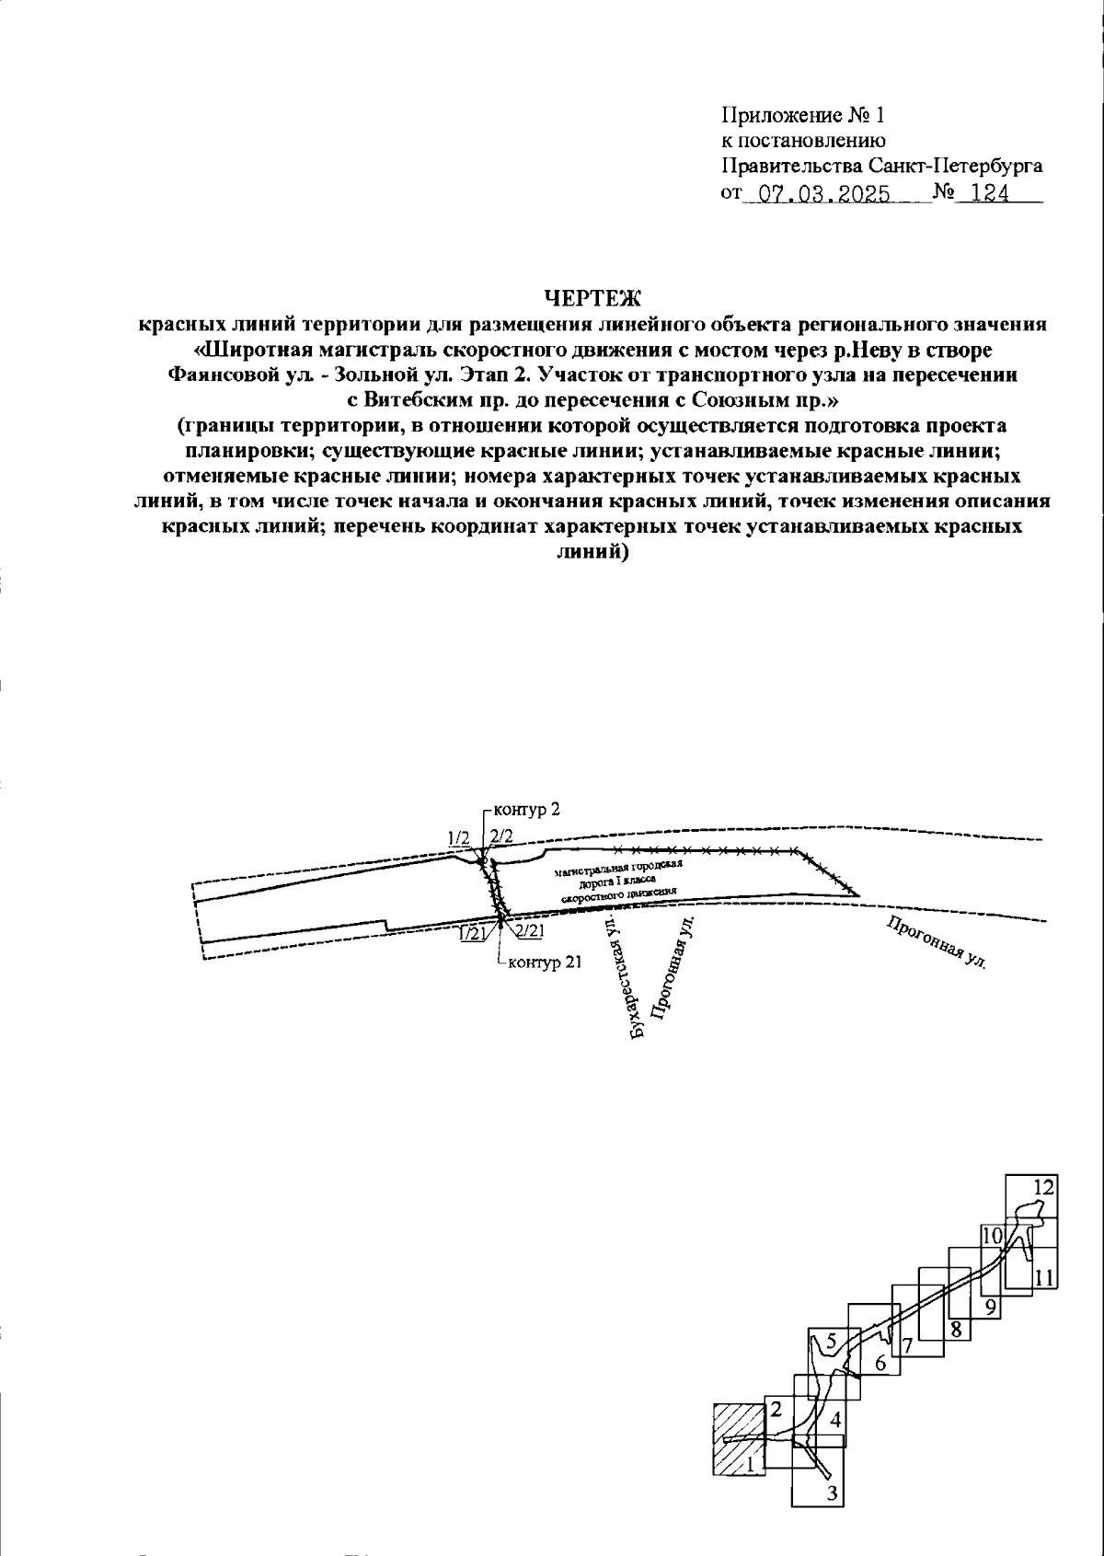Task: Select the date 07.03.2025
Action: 817,194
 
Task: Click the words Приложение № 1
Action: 801,115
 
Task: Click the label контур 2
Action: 527,810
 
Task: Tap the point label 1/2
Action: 458,837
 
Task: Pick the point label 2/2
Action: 500,836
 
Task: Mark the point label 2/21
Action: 530,932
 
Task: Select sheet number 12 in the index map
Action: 1041,1187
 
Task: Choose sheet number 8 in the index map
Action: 956,1329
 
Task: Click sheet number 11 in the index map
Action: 1042,1277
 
